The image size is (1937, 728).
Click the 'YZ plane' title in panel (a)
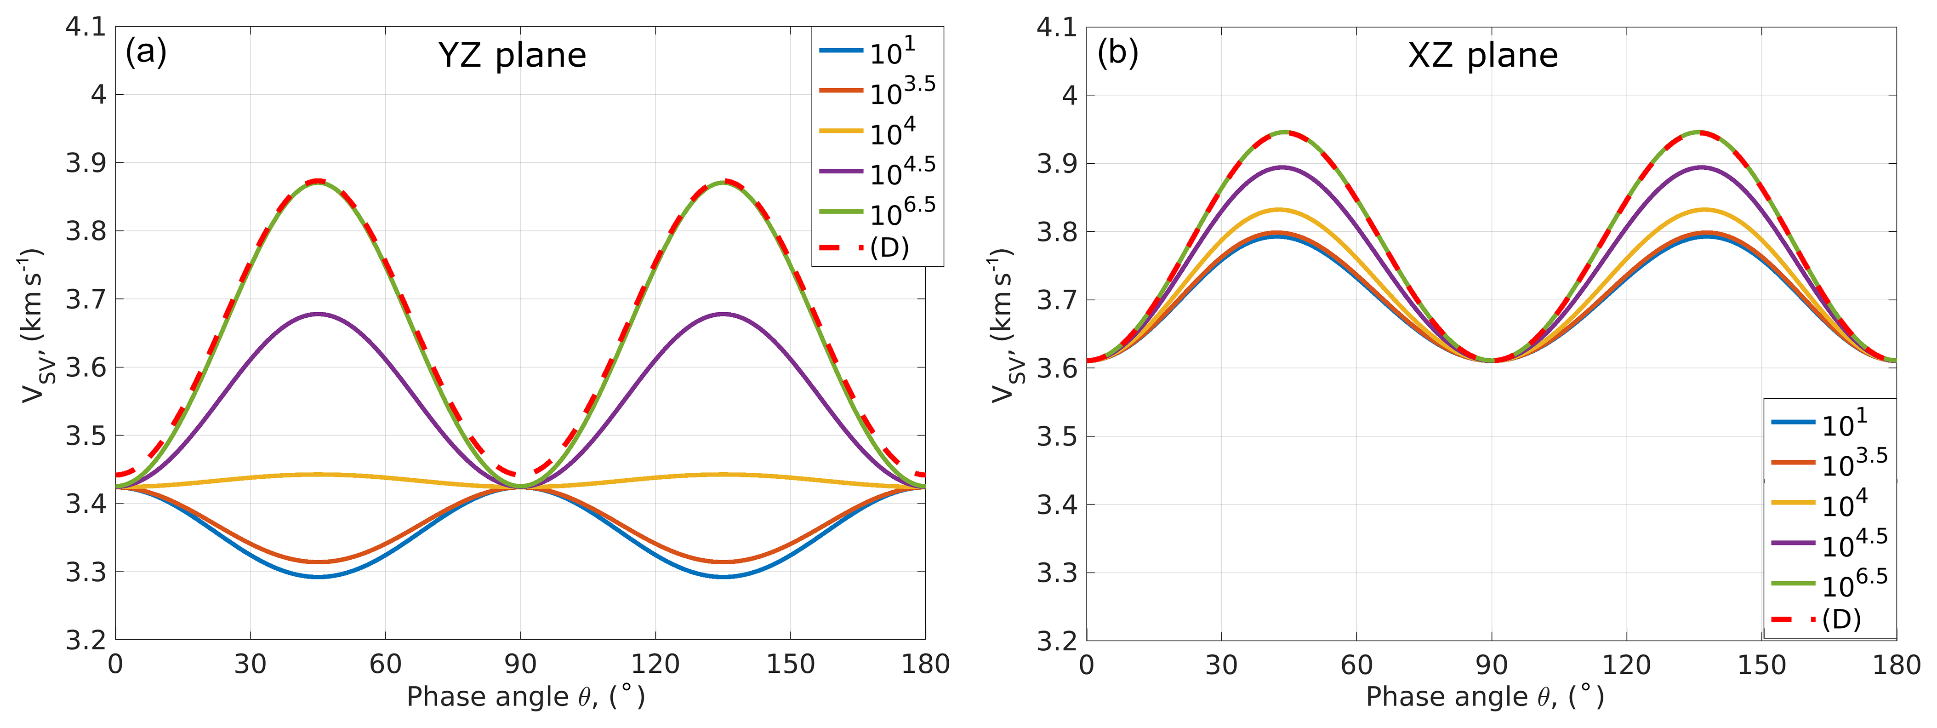(512, 56)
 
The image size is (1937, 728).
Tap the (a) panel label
(146, 52)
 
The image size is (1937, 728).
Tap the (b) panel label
(1117, 52)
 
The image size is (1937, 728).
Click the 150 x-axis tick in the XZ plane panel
(1762, 665)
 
